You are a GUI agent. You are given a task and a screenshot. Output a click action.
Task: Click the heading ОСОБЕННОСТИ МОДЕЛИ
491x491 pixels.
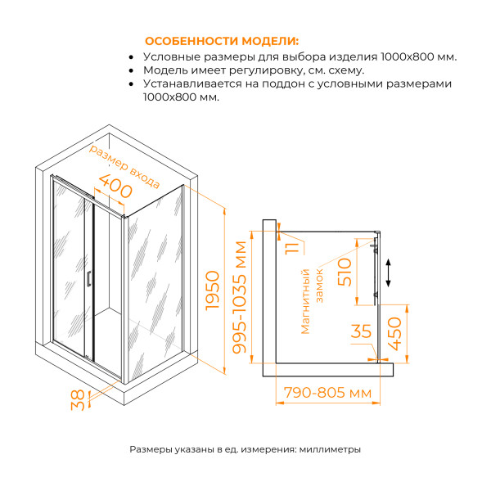(221, 41)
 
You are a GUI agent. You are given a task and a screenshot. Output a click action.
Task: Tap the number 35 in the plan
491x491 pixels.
(361, 333)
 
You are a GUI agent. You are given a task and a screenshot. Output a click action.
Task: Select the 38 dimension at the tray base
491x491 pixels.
(77, 402)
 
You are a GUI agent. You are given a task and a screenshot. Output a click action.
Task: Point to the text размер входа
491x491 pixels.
(124, 166)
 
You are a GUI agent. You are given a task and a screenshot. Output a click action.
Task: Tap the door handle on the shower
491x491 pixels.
(88, 279)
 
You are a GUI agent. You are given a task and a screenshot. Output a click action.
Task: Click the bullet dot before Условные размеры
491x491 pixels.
(133, 57)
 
